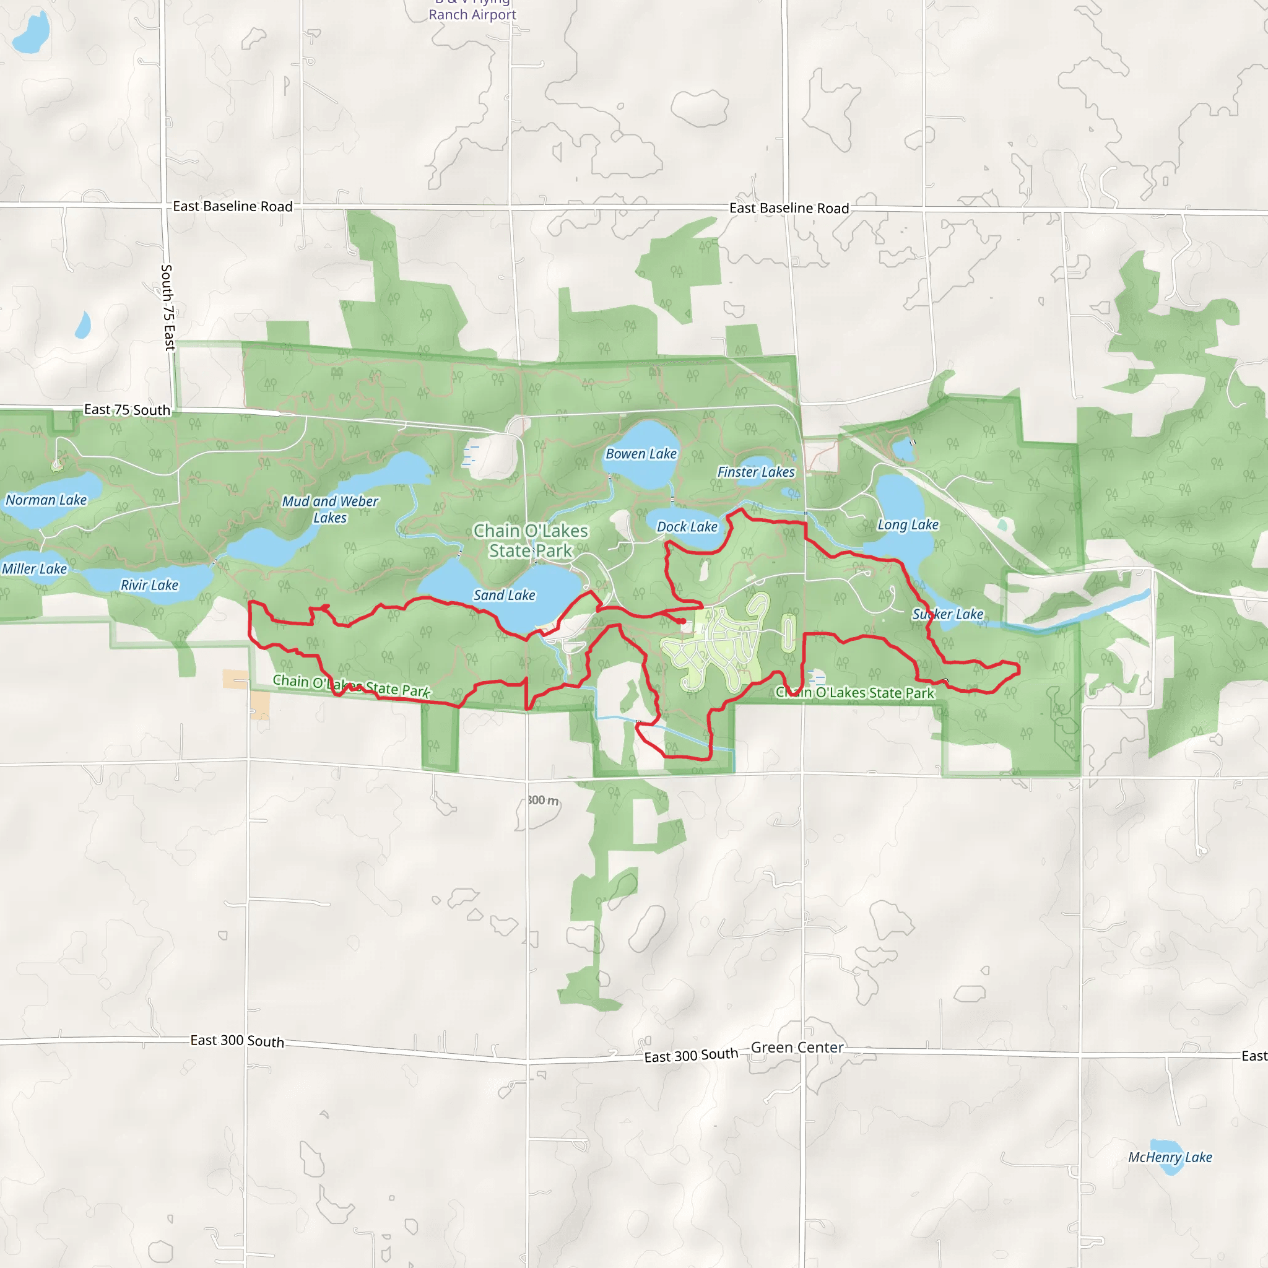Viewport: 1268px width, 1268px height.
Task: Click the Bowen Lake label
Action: tap(641, 453)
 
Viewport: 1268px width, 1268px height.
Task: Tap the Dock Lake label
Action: tap(687, 526)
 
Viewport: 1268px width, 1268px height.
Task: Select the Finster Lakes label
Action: tap(755, 472)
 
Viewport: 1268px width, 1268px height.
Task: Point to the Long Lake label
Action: tap(908, 524)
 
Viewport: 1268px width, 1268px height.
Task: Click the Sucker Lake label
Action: tap(947, 614)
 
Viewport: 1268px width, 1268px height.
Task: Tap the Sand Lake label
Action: tap(504, 594)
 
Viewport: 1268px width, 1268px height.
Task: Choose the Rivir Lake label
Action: tap(149, 584)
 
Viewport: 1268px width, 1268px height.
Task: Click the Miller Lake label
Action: tap(34, 568)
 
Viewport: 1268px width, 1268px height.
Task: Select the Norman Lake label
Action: tap(46, 500)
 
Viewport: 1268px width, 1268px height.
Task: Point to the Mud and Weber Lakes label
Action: tap(330, 510)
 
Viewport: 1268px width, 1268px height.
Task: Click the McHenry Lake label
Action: tap(1170, 1157)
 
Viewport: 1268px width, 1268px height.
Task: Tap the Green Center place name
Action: tap(797, 1048)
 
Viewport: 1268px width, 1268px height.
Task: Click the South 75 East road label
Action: tap(168, 307)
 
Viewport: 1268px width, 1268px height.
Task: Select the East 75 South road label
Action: tap(127, 409)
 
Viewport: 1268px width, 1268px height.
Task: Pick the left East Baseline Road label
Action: tap(232, 206)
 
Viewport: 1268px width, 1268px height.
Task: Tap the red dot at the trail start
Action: tap(682, 621)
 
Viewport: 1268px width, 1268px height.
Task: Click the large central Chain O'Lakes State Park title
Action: tap(531, 540)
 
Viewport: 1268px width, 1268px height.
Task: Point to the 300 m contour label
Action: tap(543, 800)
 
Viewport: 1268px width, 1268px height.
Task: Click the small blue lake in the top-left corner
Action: tap(32, 33)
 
